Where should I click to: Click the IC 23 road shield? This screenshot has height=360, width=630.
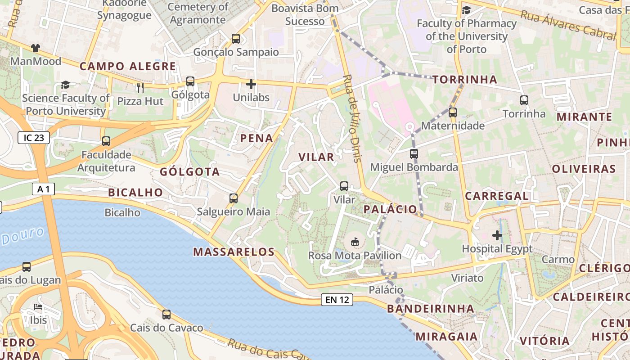click(34, 138)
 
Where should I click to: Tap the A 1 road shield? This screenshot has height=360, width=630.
click(43, 189)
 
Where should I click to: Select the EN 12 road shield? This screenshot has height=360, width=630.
click(337, 300)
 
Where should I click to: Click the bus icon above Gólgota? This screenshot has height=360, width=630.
click(190, 81)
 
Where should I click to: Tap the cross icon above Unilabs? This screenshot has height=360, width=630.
click(251, 84)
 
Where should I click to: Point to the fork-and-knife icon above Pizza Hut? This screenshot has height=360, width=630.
click(140, 87)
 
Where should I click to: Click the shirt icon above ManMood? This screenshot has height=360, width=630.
click(36, 48)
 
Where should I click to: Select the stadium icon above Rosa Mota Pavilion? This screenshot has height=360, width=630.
click(355, 242)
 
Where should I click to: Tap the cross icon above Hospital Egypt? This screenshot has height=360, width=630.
click(497, 235)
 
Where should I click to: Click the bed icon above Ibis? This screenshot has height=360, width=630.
click(38, 307)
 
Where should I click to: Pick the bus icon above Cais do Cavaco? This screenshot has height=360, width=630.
click(166, 315)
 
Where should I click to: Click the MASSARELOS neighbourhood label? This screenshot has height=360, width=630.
click(234, 252)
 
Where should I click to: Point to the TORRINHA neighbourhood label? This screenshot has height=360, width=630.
click(465, 80)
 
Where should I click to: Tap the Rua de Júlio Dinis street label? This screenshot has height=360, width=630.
click(352, 118)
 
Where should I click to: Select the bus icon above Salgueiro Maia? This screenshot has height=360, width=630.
click(234, 198)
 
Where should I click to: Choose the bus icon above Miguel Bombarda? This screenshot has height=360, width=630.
click(414, 154)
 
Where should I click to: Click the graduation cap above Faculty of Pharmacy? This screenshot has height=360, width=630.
click(466, 10)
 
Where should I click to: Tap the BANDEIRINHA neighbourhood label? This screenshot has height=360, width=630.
click(431, 309)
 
